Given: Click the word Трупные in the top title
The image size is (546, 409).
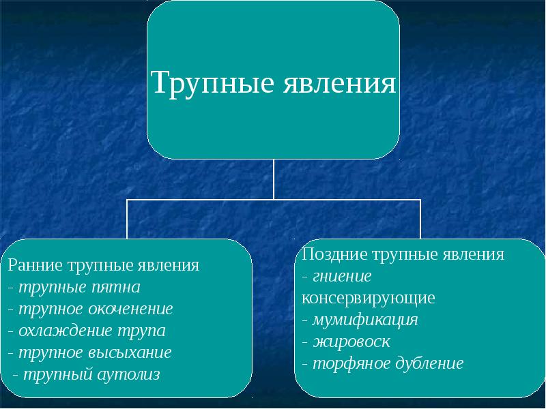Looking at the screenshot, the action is click(213, 82).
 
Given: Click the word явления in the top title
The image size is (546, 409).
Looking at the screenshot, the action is click(339, 82).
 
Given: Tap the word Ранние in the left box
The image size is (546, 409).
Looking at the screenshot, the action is click(34, 265).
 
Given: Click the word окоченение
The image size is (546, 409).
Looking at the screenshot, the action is click(130, 309).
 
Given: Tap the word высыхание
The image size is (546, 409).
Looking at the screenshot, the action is click(130, 352).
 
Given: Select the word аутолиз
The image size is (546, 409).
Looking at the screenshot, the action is click(128, 374).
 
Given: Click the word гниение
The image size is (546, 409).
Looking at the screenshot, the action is click(342, 277).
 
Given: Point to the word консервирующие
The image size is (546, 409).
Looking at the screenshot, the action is click(368, 298).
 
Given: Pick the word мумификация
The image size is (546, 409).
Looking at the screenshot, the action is click(365, 320).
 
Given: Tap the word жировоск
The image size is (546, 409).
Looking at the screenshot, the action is click(351, 342).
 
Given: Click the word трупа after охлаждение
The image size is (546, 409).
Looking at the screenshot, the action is click(142, 331).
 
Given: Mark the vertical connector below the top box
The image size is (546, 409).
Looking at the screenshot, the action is click(274, 179).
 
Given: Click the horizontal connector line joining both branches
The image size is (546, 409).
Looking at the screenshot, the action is click(274, 200).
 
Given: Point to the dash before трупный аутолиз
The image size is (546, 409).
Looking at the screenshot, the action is click(15, 376).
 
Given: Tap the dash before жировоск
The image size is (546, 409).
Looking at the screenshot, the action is click(304, 343).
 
